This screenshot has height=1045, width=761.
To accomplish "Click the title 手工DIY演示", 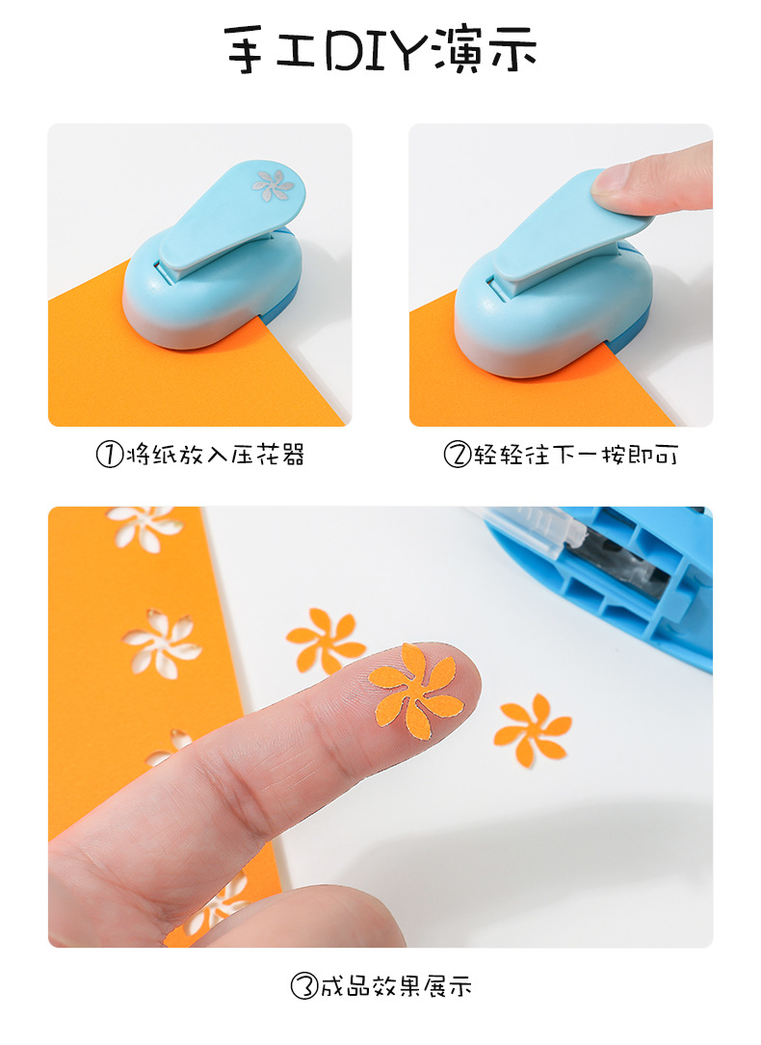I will (x=380, y=48).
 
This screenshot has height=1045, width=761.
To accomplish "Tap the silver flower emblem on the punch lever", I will (x=273, y=185).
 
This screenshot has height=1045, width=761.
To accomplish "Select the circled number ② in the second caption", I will (x=457, y=455).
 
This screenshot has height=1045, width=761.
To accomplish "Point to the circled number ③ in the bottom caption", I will (x=304, y=986).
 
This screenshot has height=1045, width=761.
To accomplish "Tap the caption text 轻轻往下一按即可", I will (x=575, y=455).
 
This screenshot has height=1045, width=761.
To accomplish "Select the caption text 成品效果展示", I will (x=396, y=986).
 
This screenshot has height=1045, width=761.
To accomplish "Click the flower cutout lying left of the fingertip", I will (x=326, y=640).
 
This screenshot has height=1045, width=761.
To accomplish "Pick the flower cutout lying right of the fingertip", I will (x=532, y=729).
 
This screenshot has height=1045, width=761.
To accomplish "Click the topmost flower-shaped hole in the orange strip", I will (x=144, y=526).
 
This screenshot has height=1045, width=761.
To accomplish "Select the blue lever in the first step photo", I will (x=231, y=217).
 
